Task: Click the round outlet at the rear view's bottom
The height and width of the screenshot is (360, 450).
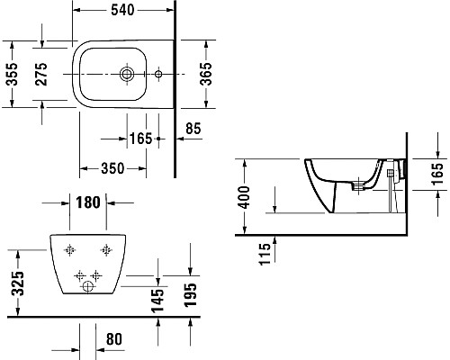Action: tap(88, 287)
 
